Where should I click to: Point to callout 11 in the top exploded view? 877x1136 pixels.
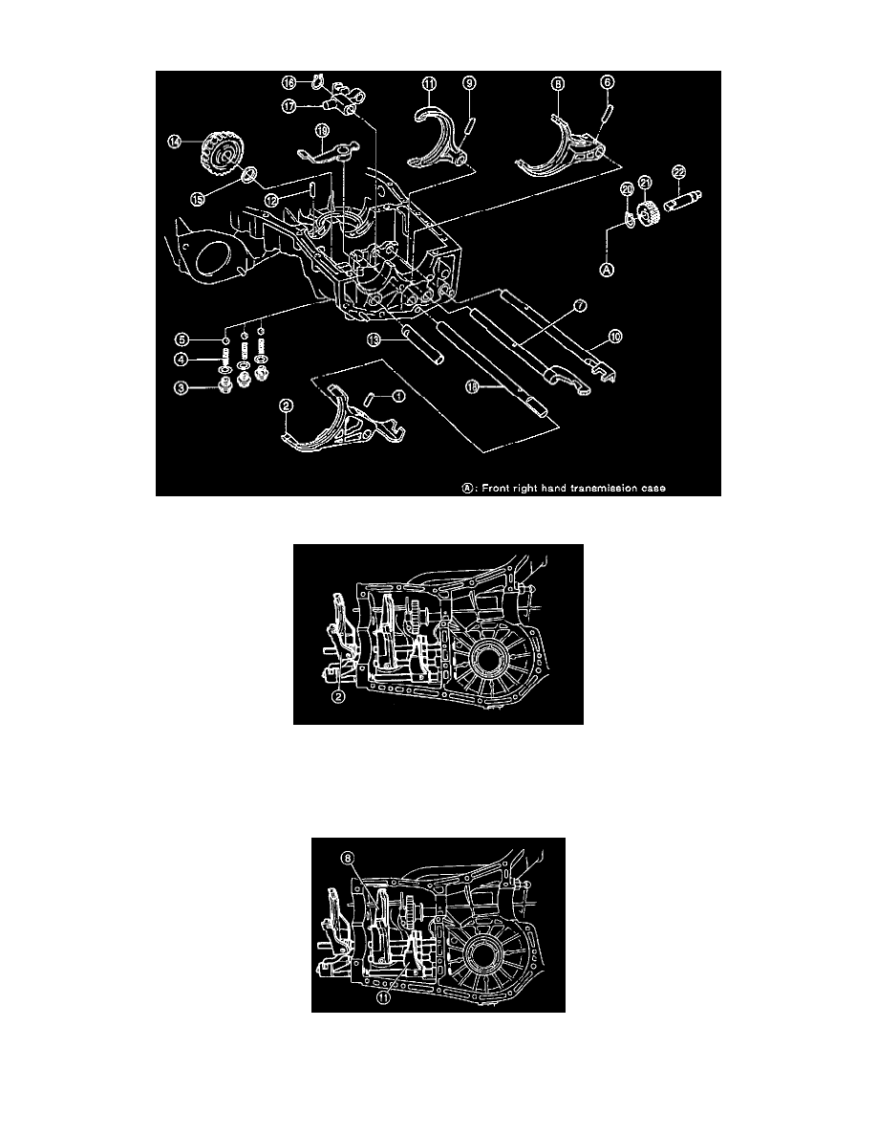point(430,85)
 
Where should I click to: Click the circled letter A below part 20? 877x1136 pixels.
point(607,270)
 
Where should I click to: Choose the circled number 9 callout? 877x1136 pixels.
point(469,85)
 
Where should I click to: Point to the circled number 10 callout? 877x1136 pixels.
point(615,336)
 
